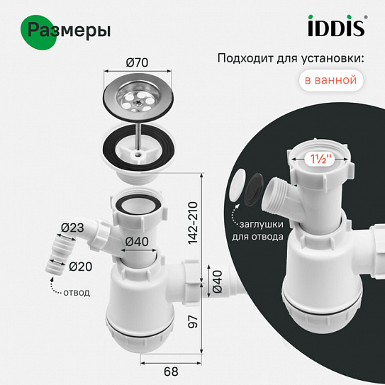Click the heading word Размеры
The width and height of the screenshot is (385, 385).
pyautogui.click(x=69, y=30)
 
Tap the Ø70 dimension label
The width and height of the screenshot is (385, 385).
pyautogui.click(x=137, y=62)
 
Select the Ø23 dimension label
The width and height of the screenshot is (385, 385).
pyautogui.click(x=72, y=228)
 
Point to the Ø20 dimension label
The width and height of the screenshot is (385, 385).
pyautogui.click(x=81, y=267)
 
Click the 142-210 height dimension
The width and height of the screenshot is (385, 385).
pyautogui.click(x=193, y=223)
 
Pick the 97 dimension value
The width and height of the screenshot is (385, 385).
pyautogui.click(x=193, y=321)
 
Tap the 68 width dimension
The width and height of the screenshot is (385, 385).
pyautogui.click(x=171, y=372)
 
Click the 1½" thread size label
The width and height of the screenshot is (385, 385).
pyautogui.click(x=319, y=160)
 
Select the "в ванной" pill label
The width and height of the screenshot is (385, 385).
pyautogui.click(x=330, y=80)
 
